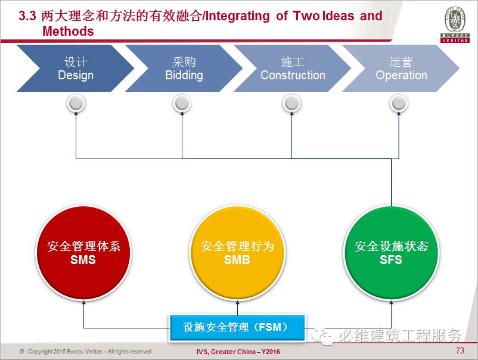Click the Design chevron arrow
coord(75,69)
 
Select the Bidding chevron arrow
coord(184,69)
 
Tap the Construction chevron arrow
coord(292,69)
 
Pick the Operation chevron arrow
coord(401,69)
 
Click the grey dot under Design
coord(76,104)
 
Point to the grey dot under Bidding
coord(182,104)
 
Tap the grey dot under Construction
coord(291,104)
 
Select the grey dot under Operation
coord(399,104)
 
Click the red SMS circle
coord(83,253)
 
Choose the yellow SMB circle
coord(237,253)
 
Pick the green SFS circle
coord(391,253)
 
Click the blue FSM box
coord(237,327)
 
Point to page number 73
coord(460,350)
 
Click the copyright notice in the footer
coord(85,352)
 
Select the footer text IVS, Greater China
coord(238,352)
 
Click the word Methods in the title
coord(68,32)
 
